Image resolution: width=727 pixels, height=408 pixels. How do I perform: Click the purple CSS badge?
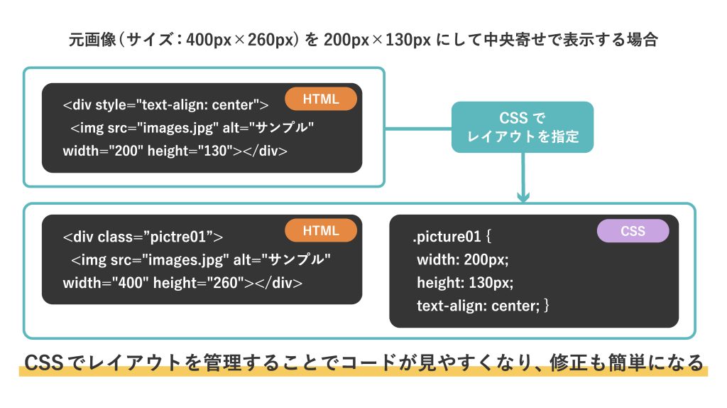(633, 231)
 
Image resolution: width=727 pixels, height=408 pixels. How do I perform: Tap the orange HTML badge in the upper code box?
(321, 99)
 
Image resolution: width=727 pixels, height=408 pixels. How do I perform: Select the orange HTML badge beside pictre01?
(321, 231)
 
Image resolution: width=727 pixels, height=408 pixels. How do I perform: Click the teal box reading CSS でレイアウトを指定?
(523, 127)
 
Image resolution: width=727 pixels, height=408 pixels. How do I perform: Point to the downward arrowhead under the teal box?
(523, 197)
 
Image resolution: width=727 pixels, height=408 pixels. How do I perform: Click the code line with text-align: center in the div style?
(165, 105)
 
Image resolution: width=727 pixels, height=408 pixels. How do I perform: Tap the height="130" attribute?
(190, 151)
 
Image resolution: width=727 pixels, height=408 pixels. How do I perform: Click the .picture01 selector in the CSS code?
(447, 237)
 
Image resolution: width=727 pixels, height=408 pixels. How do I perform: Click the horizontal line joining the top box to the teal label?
(418, 129)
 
